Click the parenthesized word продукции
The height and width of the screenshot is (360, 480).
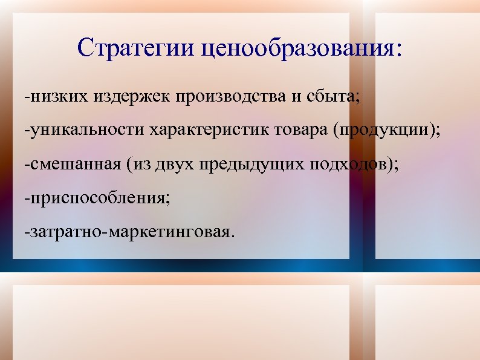tap(380, 130)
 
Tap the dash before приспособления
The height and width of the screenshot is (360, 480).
tap(27, 198)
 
